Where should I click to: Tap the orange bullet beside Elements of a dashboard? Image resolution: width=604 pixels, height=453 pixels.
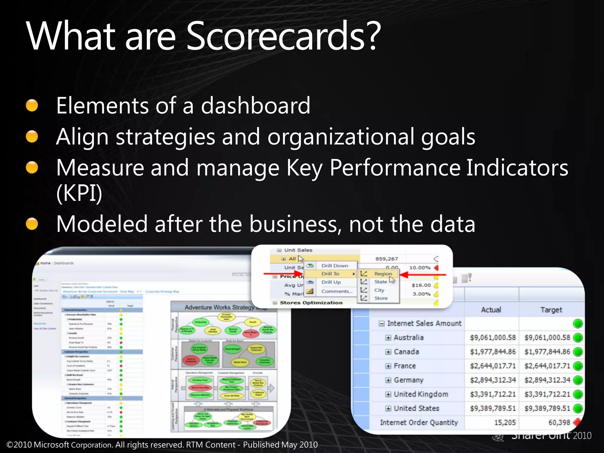[x=32, y=106]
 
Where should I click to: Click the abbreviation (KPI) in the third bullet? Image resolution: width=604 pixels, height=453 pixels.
[x=79, y=193]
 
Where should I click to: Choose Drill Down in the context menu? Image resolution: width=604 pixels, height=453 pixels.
[x=334, y=266]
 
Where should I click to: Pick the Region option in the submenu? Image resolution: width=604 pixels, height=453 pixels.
[x=383, y=274]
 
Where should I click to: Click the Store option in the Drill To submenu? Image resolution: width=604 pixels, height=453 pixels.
[x=381, y=298]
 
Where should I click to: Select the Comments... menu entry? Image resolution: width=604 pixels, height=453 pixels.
[x=337, y=291]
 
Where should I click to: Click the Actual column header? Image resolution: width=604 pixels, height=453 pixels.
[x=491, y=310]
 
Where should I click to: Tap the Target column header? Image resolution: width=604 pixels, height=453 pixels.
[x=551, y=310]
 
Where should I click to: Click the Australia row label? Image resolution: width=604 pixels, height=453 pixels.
[x=408, y=337]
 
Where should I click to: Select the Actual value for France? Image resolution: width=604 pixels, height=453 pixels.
[x=493, y=366]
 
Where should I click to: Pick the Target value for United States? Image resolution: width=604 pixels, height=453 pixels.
[x=547, y=408]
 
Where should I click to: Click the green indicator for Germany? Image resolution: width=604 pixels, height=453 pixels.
[x=578, y=380]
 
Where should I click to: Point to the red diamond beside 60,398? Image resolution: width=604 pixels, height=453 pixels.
[x=577, y=422]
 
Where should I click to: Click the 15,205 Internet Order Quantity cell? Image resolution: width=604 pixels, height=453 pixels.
[x=505, y=423]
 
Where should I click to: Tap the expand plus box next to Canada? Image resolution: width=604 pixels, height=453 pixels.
[x=388, y=352]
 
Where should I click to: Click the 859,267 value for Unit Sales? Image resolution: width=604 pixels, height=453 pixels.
[x=386, y=259]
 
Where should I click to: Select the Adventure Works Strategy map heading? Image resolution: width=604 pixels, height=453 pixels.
[x=219, y=307]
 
